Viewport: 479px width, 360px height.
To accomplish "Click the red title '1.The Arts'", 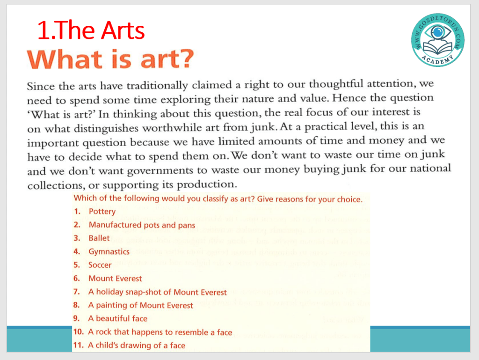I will click(91, 31).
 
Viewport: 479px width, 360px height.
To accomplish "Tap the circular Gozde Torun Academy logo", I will click(438, 40).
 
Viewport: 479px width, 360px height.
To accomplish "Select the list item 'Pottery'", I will click(102, 212).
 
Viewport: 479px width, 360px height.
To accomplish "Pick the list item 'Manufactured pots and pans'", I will click(142, 225).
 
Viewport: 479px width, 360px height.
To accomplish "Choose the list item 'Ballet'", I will click(99, 238).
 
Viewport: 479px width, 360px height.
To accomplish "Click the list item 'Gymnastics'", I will click(109, 252).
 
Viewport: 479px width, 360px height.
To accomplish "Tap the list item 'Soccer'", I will click(100, 265).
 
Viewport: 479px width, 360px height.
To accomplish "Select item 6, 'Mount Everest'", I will click(115, 279).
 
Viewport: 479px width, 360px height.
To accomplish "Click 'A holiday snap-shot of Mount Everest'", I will click(158, 292).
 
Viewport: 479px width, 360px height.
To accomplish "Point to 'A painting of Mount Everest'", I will click(141, 305).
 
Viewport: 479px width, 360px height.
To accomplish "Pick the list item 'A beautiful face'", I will click(118, 318).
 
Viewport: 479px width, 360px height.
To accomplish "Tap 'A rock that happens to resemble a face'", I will click(160, 332).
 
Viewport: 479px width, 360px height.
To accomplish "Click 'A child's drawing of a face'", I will click(137, 345).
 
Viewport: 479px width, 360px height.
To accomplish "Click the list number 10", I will click(78, 332).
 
